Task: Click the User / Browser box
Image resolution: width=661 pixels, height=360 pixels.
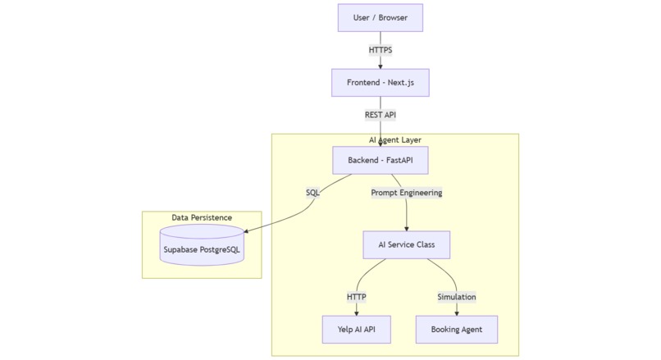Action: pos(380,17)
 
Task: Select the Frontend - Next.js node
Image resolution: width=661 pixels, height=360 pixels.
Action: pos(380,83)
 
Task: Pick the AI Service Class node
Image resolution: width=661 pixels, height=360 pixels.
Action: pos(407,245)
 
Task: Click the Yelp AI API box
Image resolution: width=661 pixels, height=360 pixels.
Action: pos(356,330)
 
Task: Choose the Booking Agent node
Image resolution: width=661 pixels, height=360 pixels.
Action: pos(456,330)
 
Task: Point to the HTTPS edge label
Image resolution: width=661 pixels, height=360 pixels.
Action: pos(380,50)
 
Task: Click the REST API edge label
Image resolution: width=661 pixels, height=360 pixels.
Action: pos(380,115)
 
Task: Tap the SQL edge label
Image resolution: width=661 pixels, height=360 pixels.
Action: pos(312,193)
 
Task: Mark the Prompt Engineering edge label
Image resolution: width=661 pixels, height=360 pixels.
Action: pos(407,193)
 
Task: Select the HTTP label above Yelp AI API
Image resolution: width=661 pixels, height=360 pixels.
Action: pos(356,296)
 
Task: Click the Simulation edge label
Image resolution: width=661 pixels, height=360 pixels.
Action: pos(456,296)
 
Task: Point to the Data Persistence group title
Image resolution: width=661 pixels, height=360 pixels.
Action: pos(202,217)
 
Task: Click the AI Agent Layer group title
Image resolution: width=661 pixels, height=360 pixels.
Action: pos(395,140)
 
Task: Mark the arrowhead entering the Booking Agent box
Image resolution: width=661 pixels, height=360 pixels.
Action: pos(456,312)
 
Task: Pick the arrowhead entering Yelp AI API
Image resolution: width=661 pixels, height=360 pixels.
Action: pos(356,312)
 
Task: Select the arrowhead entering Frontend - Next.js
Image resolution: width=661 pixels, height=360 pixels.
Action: pos(380,66)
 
